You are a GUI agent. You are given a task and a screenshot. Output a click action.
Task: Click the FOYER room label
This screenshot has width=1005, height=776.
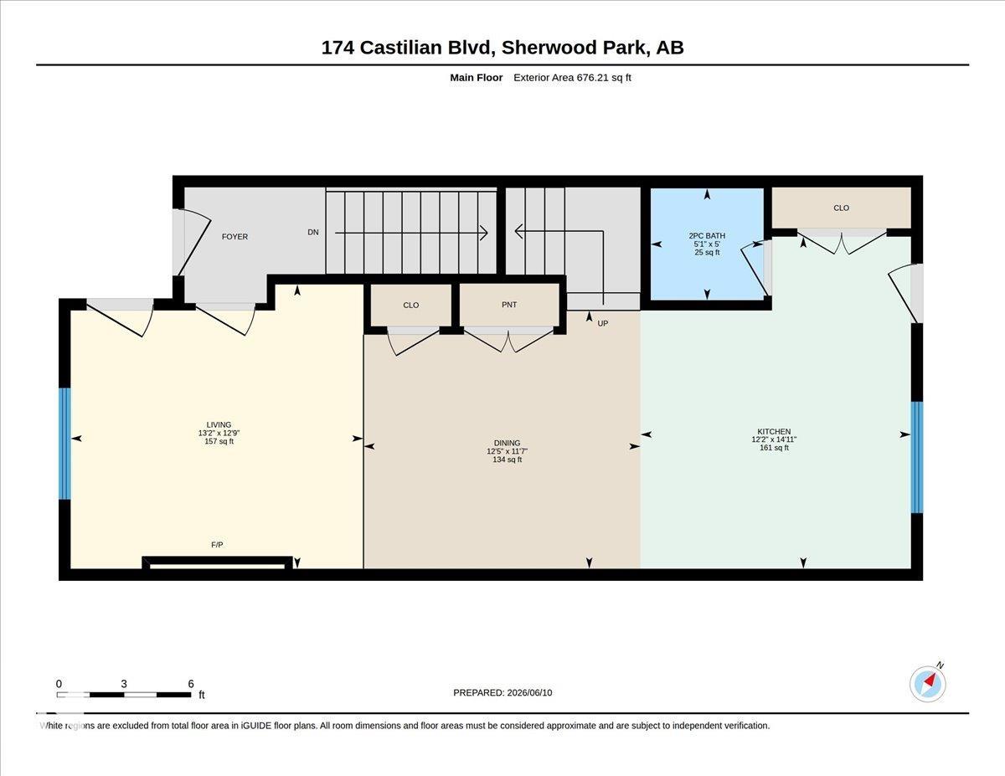(x=234, y=237)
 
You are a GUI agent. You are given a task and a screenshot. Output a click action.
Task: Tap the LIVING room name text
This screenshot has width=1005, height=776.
(x=219, y=424)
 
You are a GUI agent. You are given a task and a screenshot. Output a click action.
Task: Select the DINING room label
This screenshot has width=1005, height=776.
(x=507, y=443)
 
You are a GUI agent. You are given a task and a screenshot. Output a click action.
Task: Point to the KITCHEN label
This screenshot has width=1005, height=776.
(x=774, y=431)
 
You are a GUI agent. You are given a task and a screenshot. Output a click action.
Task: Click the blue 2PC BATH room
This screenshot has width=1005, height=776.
(x=707, y=244)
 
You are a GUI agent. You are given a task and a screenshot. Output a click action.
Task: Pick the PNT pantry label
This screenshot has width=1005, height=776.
(x=509, y=305)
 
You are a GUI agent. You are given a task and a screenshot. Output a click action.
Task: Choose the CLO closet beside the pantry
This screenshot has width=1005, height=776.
(x=410, y=305)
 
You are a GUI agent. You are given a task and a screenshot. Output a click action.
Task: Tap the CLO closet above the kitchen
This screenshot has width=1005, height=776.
(x=842, y=208)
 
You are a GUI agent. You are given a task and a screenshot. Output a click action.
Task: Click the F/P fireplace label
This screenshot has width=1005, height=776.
(x=217, y=545)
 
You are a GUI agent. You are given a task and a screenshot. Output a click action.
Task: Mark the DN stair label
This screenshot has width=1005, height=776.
(x=313, y=232)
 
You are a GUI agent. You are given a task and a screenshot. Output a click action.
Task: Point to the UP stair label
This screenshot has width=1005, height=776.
(x=603, y=323)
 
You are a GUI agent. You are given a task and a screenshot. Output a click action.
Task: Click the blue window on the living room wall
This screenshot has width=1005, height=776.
(x=64, y=444)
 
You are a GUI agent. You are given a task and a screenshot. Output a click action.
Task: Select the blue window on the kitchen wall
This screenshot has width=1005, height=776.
(x=917, y=457)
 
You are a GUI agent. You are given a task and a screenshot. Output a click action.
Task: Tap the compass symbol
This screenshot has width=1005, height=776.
(x=927, y=684)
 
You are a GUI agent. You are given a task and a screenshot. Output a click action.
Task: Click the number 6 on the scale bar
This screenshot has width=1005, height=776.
(x=191, y=684)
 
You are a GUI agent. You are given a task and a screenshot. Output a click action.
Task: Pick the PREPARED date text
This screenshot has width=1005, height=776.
(x=502, y=692)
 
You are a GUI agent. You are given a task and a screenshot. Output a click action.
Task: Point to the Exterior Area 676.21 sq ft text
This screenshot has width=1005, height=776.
(x=572, y=78)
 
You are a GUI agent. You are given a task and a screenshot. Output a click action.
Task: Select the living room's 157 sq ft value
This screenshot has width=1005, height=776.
(x=219, y=441)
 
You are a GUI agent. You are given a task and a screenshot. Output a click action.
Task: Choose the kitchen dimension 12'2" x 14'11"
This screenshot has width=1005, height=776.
(x=774, y=439)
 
